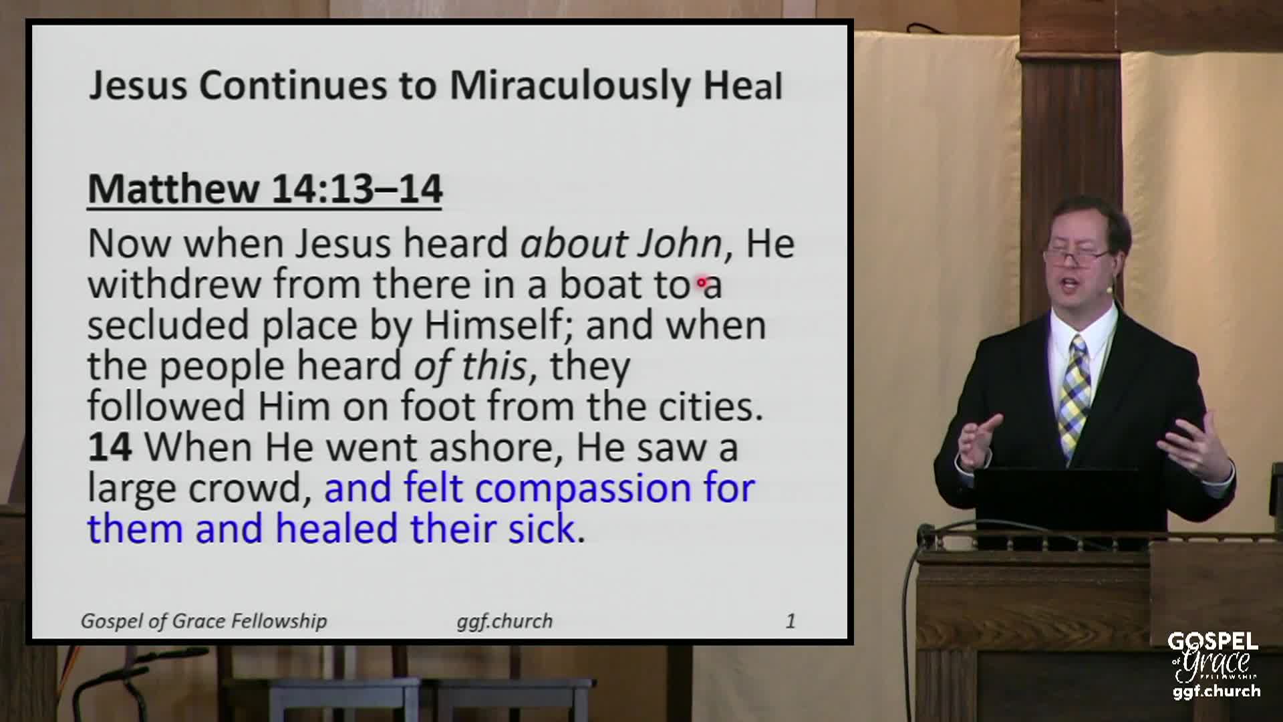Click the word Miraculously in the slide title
(x=570, y=86)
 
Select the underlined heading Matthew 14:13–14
(x=265, y=189)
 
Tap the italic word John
(x=680, y=243)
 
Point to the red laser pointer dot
(x=702, y=283)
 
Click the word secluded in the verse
(x=168, y=325)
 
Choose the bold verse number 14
(x=110, y=447)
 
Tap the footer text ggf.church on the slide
(x=505, y=621)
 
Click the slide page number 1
(x=790, y=621)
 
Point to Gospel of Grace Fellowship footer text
(x=204, y=621)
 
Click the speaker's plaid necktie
(x=1075, y=394)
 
